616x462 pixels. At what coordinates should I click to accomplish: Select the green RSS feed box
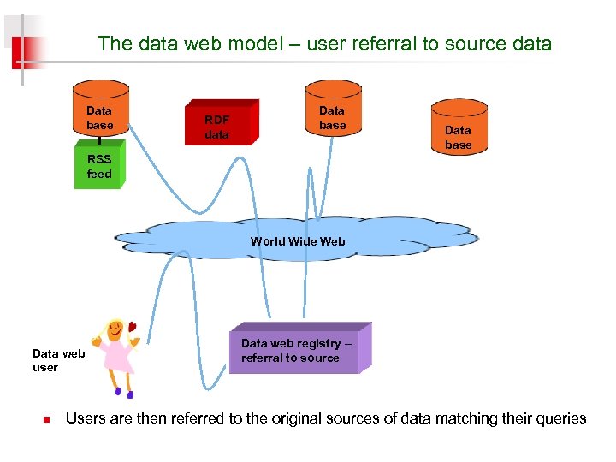pyautogui.click(x=99, y=166)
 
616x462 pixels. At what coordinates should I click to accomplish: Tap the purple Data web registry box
pyautogui.click(x=295, y=351)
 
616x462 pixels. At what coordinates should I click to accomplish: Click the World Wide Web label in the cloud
pyautogui.click(x=297, y=241)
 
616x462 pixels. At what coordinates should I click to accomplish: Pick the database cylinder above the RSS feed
pyautogui.click(x=100, y=111)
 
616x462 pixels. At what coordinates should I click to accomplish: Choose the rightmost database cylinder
pyautogui.click(x=458, y=128)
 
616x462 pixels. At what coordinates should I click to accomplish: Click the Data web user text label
pyautogui.click(x=58, y=360)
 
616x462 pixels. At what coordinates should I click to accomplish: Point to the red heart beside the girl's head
pyautogui.click(x=133, y=325)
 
